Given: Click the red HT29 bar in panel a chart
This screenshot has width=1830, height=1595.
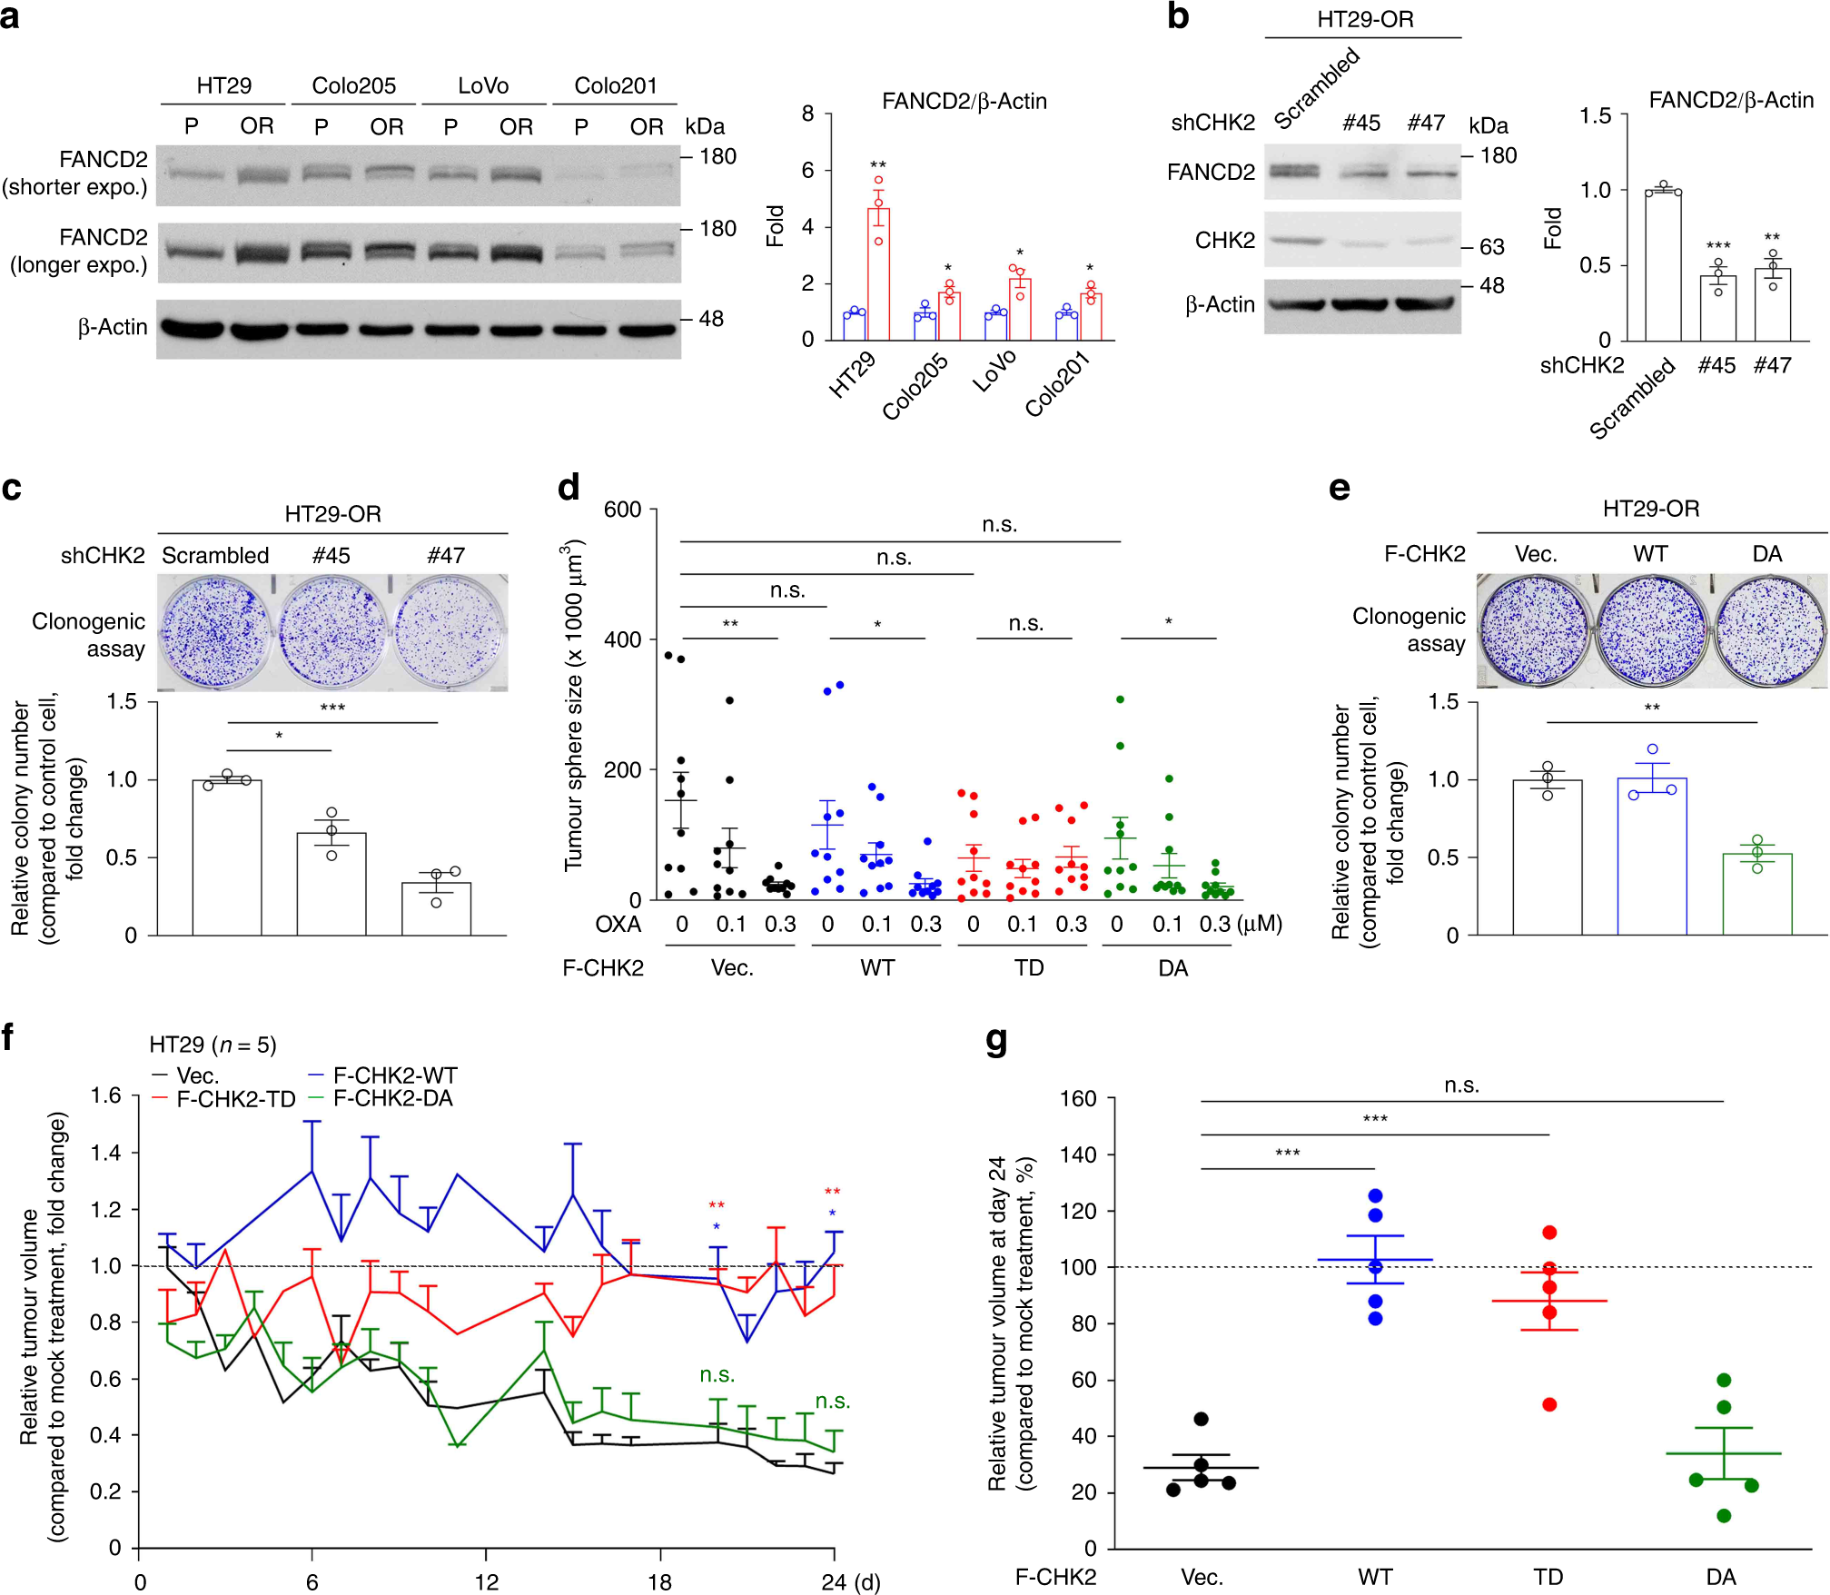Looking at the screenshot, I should tap(878, 274).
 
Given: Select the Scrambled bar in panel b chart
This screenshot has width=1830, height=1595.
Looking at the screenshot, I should tap(1663, 265).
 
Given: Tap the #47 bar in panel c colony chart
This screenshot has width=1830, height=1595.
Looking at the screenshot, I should tap(436, 908).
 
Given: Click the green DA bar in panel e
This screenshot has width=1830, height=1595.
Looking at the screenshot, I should tap(1757, 894).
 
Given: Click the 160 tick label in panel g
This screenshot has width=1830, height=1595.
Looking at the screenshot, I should tap(1078, 1099).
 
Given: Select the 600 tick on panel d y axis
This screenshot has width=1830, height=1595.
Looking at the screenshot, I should tap(623, 510).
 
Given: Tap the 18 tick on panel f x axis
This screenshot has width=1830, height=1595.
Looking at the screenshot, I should tap(659, 1582).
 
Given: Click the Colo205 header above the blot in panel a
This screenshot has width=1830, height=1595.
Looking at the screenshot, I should tap(353, 85).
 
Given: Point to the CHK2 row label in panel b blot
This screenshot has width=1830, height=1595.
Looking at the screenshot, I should tap(1224, 240).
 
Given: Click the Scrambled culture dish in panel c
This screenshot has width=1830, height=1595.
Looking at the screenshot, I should tap(215, 632).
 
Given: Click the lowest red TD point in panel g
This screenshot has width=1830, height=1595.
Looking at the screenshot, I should tap(1549, 1404).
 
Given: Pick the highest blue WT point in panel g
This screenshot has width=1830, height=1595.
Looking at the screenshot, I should tap(1375, 1195).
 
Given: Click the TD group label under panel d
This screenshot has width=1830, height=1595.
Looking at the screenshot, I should tap(1028, 968).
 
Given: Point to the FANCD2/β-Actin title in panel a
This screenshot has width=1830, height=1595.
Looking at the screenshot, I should tap(964, 101).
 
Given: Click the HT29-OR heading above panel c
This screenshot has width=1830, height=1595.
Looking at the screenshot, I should tap(332, 514).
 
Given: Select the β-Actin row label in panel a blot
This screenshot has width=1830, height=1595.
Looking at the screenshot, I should tap(113, 327).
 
